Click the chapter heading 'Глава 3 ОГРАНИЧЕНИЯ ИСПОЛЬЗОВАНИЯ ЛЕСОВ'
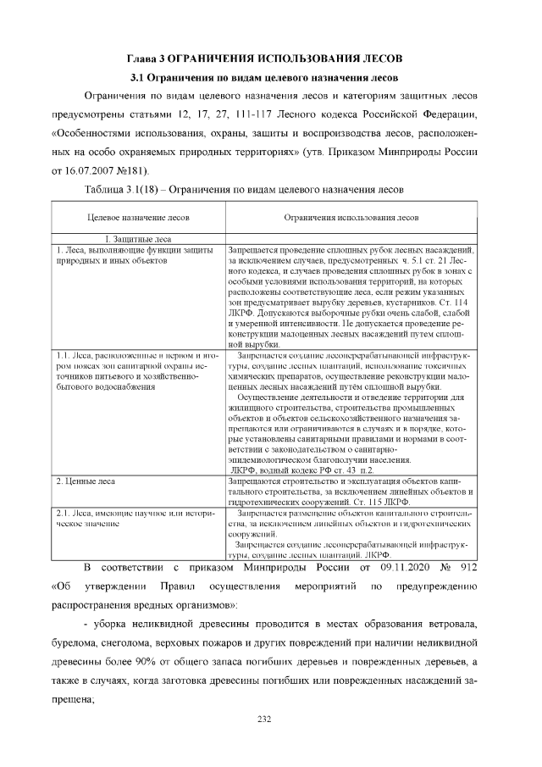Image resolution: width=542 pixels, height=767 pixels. coord(271,59)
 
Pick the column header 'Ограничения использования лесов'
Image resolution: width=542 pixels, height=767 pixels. coord(350,219)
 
